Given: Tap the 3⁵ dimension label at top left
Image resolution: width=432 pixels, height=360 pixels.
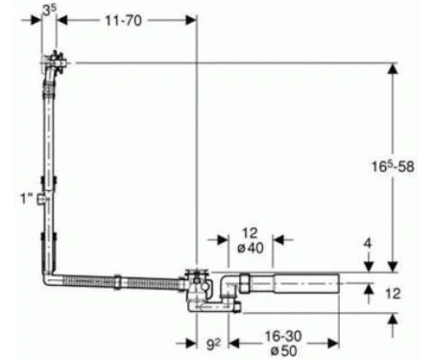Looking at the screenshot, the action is coord(49,11).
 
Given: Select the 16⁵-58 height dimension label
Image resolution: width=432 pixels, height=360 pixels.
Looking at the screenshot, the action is coord(393,166).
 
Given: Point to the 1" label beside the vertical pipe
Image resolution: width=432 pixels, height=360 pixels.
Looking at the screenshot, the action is coord(27,199).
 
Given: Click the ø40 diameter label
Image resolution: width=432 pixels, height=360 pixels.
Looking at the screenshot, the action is coord(251,248).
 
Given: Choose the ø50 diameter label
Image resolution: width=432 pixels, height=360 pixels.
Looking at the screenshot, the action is coord(284,350).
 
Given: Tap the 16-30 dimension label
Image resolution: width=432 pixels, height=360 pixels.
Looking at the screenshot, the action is coord(283,336).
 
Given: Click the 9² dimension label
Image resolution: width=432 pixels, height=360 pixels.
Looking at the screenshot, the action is coord(213,345).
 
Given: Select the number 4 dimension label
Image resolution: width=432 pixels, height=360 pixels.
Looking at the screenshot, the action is coord(368,243).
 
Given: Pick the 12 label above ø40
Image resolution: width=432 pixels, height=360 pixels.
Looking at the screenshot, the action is coord(250,233).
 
